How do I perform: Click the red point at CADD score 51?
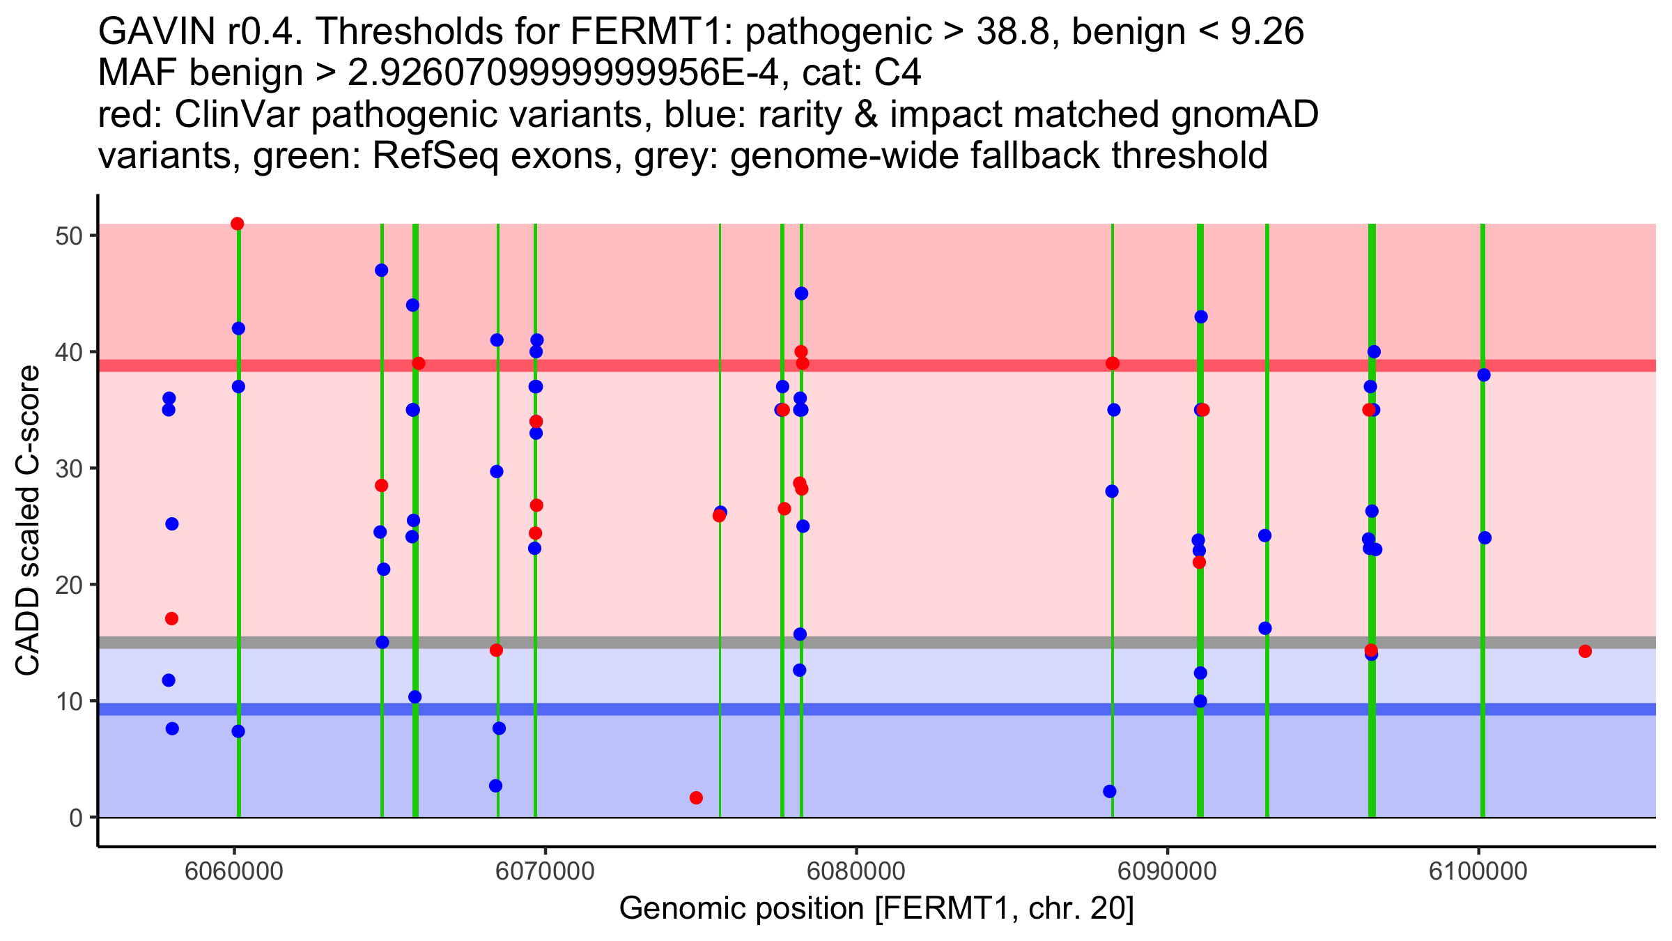[237, 224]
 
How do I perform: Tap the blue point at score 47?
[381, 270]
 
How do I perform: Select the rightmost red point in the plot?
[1585, 651]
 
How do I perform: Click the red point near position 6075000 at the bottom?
[696, 797]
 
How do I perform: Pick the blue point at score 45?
[801, 293]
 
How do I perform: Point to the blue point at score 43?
[1201, 317]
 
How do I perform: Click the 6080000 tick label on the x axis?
[856, 871]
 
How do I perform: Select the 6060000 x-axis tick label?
[234, 871]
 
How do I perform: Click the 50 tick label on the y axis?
[69, 236]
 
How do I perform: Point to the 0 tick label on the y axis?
[76, 818]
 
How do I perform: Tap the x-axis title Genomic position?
[876, 909]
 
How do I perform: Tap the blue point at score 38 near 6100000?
[1484, 375]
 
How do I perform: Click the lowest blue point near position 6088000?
[1110, 791]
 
